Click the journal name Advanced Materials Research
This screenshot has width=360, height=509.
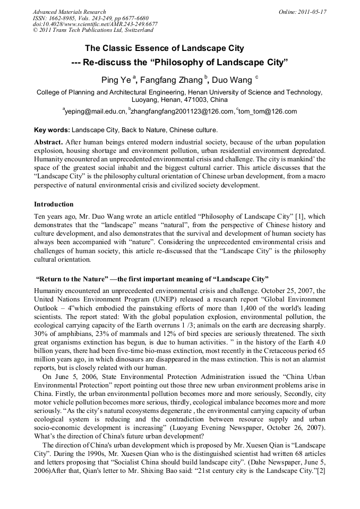(x=69, y=12)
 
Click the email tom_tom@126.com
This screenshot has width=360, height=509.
(x=268, y=111)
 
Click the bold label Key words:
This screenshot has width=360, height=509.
(x=52, y=130)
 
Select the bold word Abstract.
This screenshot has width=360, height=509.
(x=49, y=143)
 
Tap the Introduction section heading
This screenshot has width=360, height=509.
(x=54, y=204)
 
